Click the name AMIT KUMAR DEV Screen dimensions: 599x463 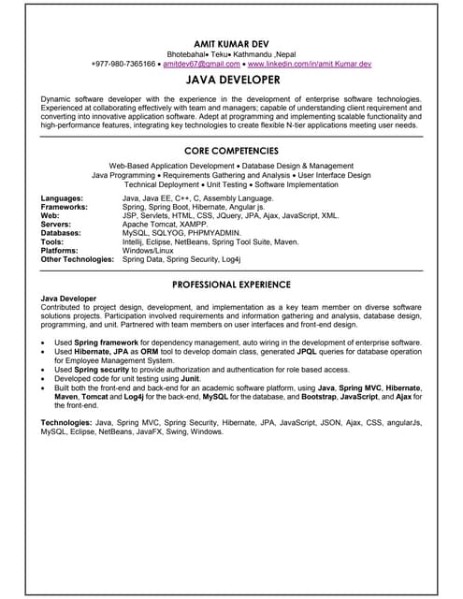(231, 43)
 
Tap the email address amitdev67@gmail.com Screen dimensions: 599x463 (201, 64)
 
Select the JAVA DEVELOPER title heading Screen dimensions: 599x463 (231, 81)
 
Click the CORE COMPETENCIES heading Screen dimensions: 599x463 (231, 150)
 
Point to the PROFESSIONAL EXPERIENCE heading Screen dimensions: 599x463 (231, 284)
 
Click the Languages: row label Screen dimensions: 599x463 (62, 198)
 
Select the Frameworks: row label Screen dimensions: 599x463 (65, 207)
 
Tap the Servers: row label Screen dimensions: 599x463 (57, 224)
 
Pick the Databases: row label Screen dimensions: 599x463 (63, 232)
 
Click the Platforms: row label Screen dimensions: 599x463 (62, 250)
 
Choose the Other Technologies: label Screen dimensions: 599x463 (78, 258)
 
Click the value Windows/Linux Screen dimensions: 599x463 (149, 250)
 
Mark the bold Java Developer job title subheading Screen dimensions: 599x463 (68, 298)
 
